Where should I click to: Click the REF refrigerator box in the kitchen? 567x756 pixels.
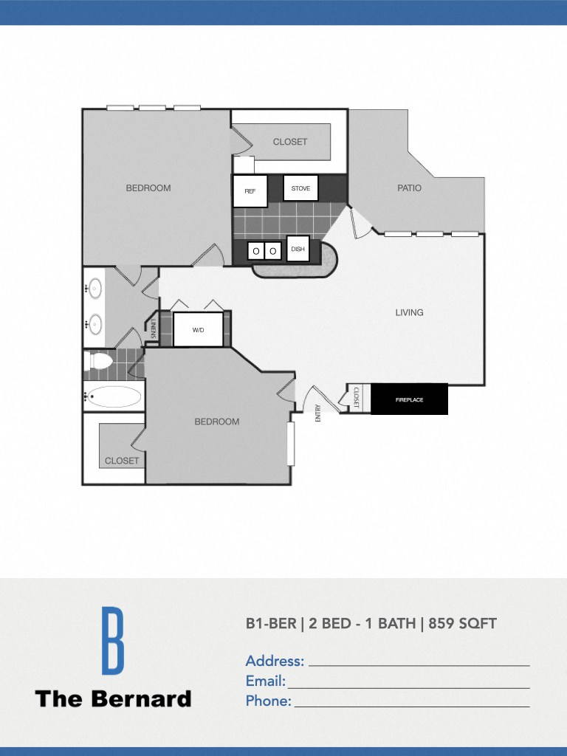(x=250, y=191)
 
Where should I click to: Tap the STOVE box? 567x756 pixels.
(x=300, y=188)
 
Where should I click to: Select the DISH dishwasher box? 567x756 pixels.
(x=298, y=249)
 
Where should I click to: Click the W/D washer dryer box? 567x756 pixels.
(x=198, y=329)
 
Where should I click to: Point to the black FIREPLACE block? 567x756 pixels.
(x=409, y=399)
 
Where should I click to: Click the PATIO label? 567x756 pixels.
(x=409, y=188)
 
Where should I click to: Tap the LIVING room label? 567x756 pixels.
(x=409, y=312)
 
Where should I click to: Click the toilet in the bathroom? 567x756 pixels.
(x=99, y=361)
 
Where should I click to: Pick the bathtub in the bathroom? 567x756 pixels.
(x=114, y=396)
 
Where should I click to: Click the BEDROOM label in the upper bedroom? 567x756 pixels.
(x=148, y=188)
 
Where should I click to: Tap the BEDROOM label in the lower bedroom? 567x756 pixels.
(x=217, y=422)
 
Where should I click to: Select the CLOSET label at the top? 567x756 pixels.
(x=290, y=142)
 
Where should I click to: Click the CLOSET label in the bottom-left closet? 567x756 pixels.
(x=122, y=461)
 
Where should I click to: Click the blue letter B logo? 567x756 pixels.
(x=112, y=640)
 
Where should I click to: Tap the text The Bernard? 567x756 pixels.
(x=113, y=698)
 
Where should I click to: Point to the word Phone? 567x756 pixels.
(x=269, y=701)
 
